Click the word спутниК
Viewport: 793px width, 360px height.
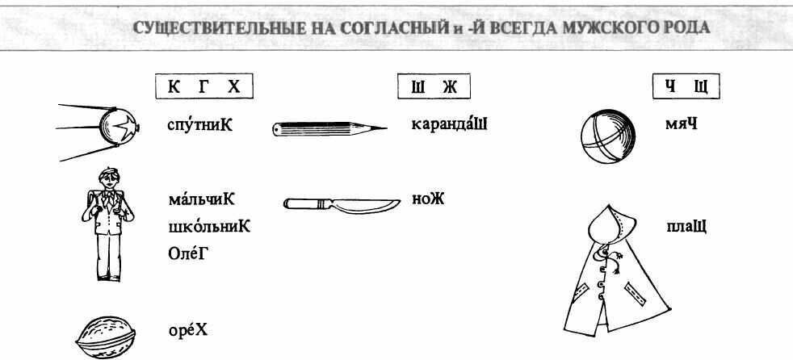tap(199, 123)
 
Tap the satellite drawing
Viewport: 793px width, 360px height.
tap(99, 131)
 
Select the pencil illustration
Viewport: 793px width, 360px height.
tap(329, 129)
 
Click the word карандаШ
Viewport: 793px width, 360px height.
tap(449, 123)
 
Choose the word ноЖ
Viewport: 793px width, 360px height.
tap(428, 199)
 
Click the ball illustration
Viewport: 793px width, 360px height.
tap(608, 136)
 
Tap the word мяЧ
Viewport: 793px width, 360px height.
tap(682, 123)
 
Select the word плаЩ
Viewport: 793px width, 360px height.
tap(686, 227)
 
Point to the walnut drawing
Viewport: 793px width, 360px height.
tap(106, 337)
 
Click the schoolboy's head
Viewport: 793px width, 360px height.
tap(109, 178)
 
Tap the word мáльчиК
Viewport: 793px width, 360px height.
tap(202, 199)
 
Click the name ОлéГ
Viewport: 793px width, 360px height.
tap(189, 253)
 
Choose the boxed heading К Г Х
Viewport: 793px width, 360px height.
tap(203, 87)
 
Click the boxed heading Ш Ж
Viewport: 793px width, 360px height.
tap(434, 87)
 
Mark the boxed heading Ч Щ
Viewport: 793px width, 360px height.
tap(686, 87)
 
